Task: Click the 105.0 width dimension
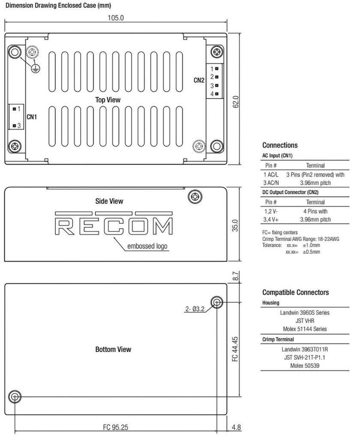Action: [116, 18]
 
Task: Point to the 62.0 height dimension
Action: [235, 102]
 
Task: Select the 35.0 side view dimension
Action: [235, 225]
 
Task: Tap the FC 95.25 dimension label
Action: [116, 427]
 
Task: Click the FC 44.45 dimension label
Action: [235, 349]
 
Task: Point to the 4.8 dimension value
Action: [236, 427]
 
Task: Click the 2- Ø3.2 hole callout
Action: [195, 309]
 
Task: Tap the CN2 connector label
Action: [199, 80]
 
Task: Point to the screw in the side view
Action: [195, 197]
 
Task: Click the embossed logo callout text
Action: [147, 247]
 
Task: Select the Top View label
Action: [108, 99]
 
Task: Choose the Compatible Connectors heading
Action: [295, 292]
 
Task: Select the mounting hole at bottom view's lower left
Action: [15, 397]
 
